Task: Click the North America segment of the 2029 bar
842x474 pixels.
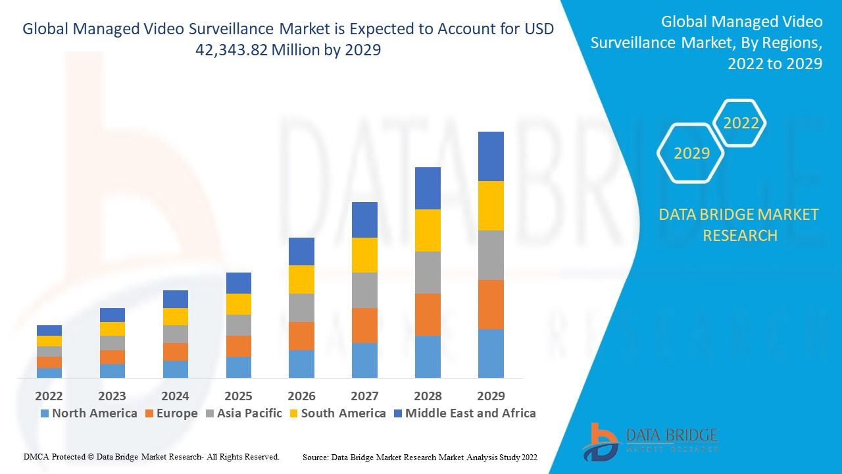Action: (x=491, y=354)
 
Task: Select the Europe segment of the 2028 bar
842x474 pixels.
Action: (x=428, y=315)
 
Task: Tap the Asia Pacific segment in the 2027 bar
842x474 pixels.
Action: (x=364, y=290)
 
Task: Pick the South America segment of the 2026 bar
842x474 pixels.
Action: (x=301, y=279)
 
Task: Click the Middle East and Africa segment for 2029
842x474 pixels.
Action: (x=491, y=156)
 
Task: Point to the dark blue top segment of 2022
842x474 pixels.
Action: (x=49, y=330)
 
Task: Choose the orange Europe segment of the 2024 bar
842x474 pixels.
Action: (x=176, y=352)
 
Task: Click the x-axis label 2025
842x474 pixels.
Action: (x=238, y=396)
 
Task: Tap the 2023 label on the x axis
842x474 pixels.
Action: (x=112, y=396)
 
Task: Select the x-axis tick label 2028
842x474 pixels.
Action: (x=428, y=396)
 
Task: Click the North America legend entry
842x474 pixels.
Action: (x=89, y=413)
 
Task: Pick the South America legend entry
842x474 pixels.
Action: (x=337, y=413)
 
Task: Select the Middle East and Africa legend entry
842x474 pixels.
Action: (x=464, y=413)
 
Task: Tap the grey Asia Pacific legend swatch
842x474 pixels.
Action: (x=210, y=413)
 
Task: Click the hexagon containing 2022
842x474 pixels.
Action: (x=741, y=123)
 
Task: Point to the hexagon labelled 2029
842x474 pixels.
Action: (x=691, y=153)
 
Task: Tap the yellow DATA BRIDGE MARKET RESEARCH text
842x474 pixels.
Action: (x=739, y=224)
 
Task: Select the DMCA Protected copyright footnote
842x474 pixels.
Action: (x=151, y=456)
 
